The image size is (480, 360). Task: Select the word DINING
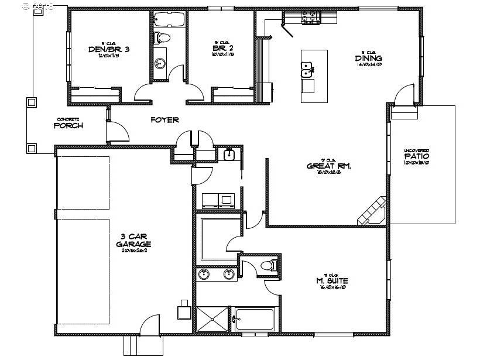click(x=368, y=58)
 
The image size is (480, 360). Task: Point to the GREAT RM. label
click(x=328, y=166)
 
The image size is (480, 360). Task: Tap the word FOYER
click(x=164, y=120)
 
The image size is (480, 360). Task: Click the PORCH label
click(x=68, y=125)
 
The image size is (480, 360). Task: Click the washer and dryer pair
click(x=218, y=200)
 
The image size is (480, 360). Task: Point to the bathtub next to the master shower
click(x=254, y=320)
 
